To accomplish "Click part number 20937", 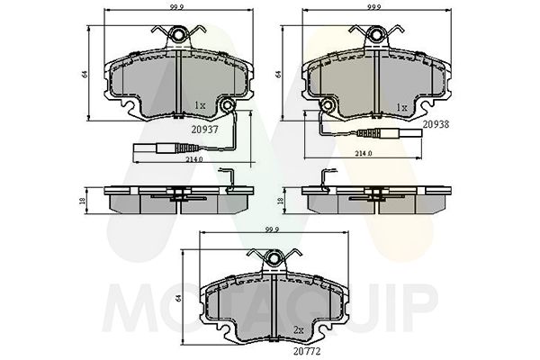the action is (204, 130).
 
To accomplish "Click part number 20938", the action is (436, 124).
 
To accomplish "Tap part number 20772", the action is (307, 351).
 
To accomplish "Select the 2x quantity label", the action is (298, 330).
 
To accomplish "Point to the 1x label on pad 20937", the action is (200, 105).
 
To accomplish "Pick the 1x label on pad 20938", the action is (401, 107).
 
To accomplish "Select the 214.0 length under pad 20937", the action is (194, 159).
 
